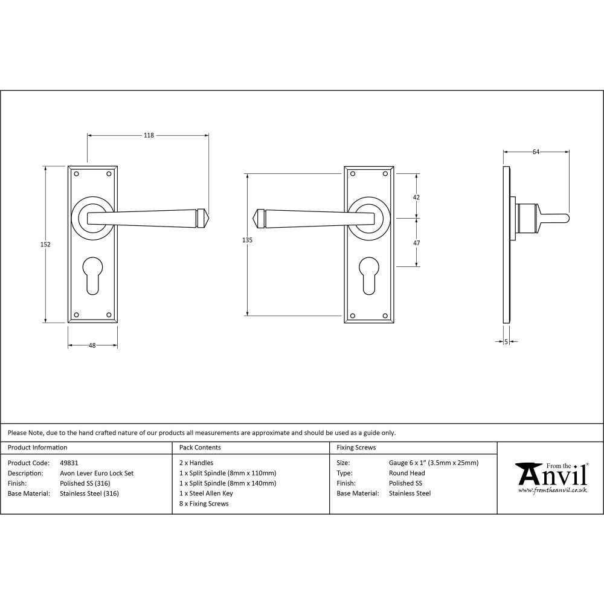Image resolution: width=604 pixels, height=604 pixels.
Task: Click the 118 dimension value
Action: [x=149, y=135]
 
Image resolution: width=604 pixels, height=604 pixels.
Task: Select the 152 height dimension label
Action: [x=46, y=245]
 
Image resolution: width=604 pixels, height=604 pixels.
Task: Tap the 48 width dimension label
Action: [x=92, y=345]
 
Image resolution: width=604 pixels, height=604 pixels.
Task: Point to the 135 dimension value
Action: [x=246, y=240]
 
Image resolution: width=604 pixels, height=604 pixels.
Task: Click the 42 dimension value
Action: [x=416, y=197]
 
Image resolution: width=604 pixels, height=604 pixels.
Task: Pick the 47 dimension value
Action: [x=416, y=242]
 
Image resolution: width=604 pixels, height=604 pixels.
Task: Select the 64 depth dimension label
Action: [x=536, y=152]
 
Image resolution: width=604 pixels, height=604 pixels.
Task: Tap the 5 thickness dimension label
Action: [x=506, y=342]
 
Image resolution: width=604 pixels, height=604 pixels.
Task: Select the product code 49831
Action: [x=69, y=463]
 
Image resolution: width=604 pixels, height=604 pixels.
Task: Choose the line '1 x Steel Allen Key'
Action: [x=206, y=493]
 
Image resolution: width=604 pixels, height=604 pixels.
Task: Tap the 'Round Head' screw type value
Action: [x=406, y=474]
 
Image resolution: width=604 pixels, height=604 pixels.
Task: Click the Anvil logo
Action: [x=551, y=477]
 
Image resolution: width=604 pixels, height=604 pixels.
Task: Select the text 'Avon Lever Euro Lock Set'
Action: [x=97, y=474]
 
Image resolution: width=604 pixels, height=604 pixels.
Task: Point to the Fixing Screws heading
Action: [x=356, y=448]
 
